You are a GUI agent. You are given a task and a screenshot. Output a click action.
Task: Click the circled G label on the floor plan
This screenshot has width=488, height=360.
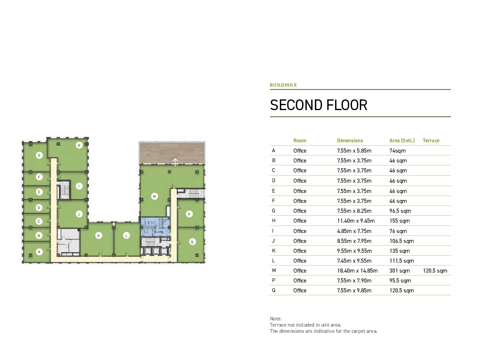coord(39,155)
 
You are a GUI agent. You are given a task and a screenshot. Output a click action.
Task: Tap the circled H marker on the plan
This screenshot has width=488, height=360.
coord(79,145)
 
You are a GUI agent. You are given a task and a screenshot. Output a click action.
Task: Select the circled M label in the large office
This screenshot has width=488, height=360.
coord(155,197)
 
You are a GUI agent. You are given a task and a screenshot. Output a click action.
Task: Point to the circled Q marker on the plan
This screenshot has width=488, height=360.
coord(192,242)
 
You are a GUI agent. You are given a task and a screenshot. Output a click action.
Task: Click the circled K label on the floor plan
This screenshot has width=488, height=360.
coord(99,236)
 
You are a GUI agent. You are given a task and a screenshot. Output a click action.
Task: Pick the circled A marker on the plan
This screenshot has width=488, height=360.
coord(39,252)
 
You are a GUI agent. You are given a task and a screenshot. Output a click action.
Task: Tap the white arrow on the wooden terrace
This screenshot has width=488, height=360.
coord(175,162)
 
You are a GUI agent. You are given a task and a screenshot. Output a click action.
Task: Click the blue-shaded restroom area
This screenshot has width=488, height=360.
coord(155,226)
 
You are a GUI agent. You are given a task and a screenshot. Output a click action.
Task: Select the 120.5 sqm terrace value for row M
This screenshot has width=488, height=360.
coord(435,271)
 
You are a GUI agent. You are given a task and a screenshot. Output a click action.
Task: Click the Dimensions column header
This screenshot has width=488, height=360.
coord(350,141)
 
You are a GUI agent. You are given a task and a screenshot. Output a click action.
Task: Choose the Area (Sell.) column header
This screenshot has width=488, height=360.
coord(402,141)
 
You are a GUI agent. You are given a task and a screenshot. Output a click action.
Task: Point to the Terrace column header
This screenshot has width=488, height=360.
coord(431,141)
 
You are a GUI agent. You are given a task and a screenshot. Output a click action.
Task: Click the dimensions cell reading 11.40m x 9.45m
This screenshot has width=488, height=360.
coord(356,221)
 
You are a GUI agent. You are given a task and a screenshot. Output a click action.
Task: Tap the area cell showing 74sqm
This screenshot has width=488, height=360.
coord(397,151)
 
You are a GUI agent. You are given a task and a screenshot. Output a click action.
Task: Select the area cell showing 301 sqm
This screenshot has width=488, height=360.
coord(399,271)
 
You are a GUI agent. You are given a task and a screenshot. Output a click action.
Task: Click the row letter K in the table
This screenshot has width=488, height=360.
coord(274,251)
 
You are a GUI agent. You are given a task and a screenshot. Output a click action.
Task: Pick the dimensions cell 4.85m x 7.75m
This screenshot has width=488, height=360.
coord(354,231)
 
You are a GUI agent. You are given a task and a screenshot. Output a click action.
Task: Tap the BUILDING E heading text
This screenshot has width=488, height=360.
coord(283,85)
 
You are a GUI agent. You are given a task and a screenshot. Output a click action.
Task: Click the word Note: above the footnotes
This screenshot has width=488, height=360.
coord(275,319)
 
